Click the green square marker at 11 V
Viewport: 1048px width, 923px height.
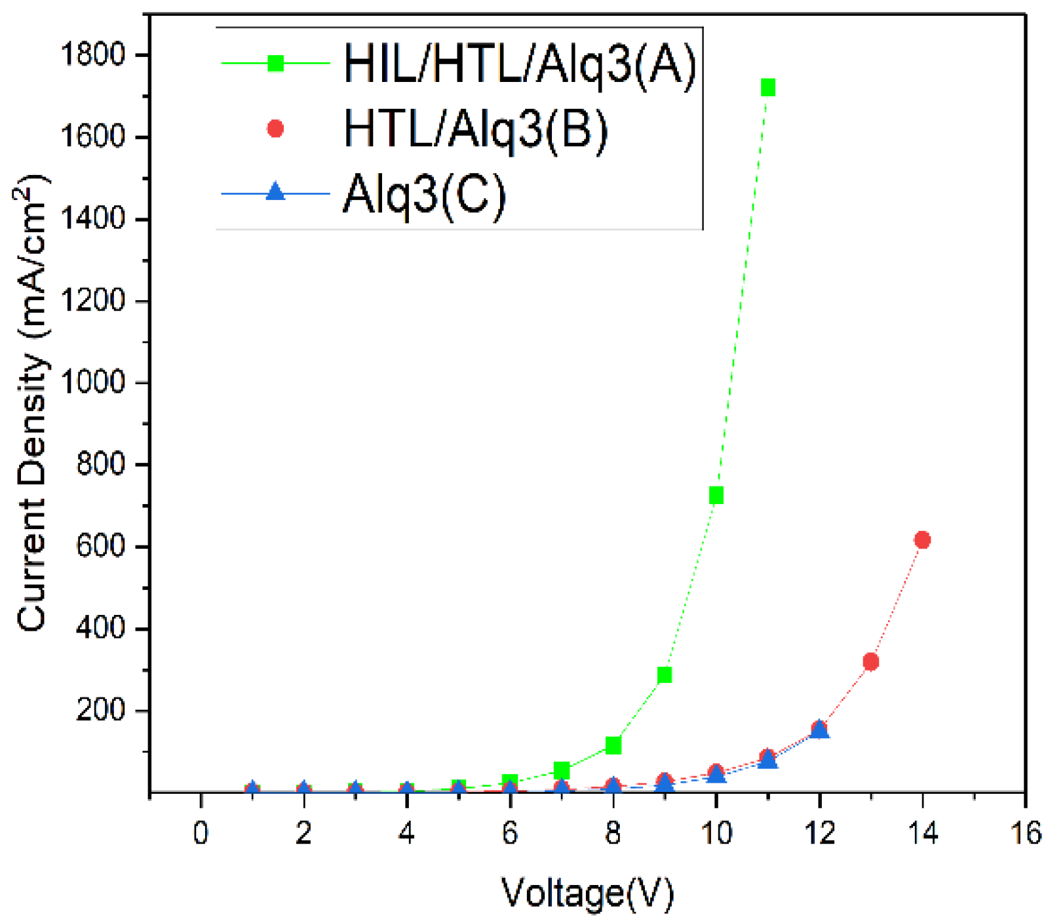[768, 87]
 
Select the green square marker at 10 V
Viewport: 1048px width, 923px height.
[716, 496]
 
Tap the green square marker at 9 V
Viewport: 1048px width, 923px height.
[665, 675]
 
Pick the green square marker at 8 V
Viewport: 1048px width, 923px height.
[613, 745]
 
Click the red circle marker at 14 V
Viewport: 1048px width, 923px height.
[922, 540]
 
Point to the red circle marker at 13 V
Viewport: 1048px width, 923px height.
[871, 662]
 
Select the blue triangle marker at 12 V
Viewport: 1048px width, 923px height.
[819, 729]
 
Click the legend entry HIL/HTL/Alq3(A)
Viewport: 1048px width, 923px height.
[520, 64]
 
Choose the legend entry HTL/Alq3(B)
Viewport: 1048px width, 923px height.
[476, 129]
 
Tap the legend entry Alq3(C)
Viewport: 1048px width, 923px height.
[425, 194]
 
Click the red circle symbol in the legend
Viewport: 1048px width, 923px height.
[276, 129]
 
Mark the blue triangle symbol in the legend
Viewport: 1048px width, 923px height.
[276, 192]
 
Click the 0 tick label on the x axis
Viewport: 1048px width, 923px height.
[201, 833]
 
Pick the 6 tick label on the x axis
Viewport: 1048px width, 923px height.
[510, 833]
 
